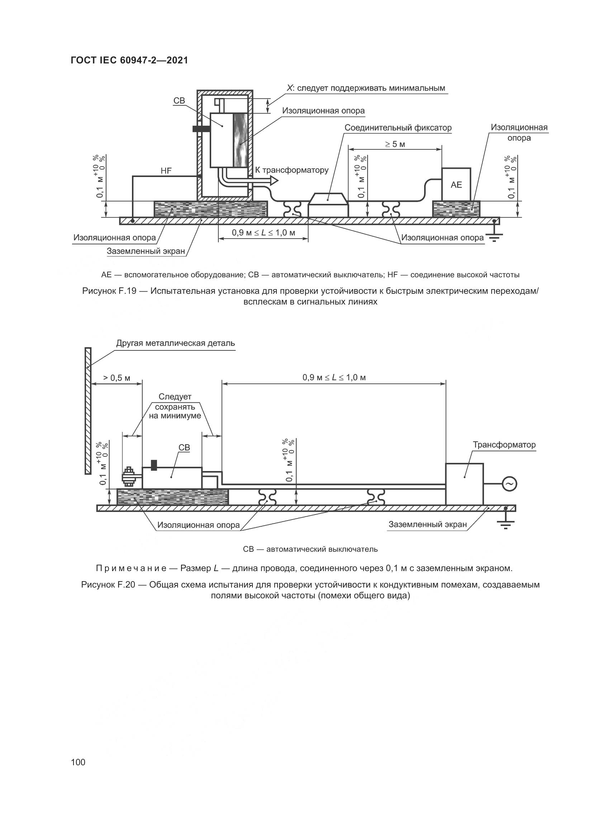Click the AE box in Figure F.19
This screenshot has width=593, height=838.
click(456, 184)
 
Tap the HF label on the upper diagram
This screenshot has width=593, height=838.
click(166, 171)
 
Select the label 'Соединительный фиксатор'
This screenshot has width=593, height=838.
click(398, 128)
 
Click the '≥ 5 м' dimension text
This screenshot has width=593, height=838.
click(395, 144)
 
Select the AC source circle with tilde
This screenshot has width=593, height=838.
click(509, 484)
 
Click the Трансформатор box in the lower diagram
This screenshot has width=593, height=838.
click(464, 484)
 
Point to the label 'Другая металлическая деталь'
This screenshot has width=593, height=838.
click(175, 343)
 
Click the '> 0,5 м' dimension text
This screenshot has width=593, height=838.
click(117, 378)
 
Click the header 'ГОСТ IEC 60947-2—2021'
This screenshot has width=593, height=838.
click(129, 60)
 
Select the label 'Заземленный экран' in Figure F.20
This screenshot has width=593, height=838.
click(427, 525)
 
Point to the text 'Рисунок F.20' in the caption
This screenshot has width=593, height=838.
click(108, 584)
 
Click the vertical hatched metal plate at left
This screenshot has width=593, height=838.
click(87, 411)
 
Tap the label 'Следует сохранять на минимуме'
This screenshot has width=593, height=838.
click(175, 406)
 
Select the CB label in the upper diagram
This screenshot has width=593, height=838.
click(179, 100)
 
